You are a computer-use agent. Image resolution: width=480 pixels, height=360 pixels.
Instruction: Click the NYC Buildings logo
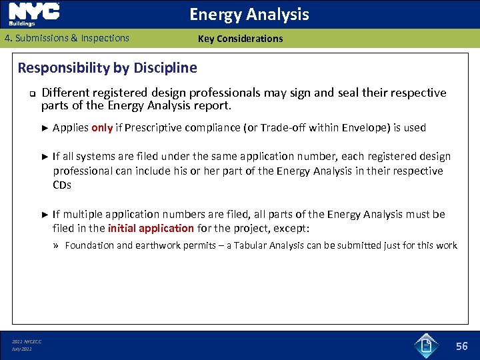(34, 14)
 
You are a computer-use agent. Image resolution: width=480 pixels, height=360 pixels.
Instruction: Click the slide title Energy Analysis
(249, 14)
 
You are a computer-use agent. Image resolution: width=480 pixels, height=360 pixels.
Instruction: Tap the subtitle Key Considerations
(240, 39)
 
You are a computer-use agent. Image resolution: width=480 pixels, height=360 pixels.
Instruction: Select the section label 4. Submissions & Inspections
(67, 38)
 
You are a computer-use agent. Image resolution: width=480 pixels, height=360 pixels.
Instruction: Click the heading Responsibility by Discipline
(107, 67)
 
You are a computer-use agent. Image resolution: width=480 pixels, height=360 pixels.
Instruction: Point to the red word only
(102, 128)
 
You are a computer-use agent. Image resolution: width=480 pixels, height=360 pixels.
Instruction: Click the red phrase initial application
(151, 228)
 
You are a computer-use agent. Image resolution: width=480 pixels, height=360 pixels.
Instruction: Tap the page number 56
(461, 345)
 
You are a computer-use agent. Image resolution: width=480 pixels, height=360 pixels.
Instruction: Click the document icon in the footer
(425, 345)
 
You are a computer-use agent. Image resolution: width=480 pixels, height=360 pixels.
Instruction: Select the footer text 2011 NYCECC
(27, 342)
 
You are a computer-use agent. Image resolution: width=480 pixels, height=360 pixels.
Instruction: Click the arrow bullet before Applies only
(45, 128)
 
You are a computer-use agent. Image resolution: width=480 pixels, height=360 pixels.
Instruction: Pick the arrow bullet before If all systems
(45, 157)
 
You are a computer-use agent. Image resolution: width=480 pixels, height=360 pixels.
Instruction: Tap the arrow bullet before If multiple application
(45, 215)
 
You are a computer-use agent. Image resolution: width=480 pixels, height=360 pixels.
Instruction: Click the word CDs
(61, 185)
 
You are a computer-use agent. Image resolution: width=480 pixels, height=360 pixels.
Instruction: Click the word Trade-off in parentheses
(284, 128)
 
